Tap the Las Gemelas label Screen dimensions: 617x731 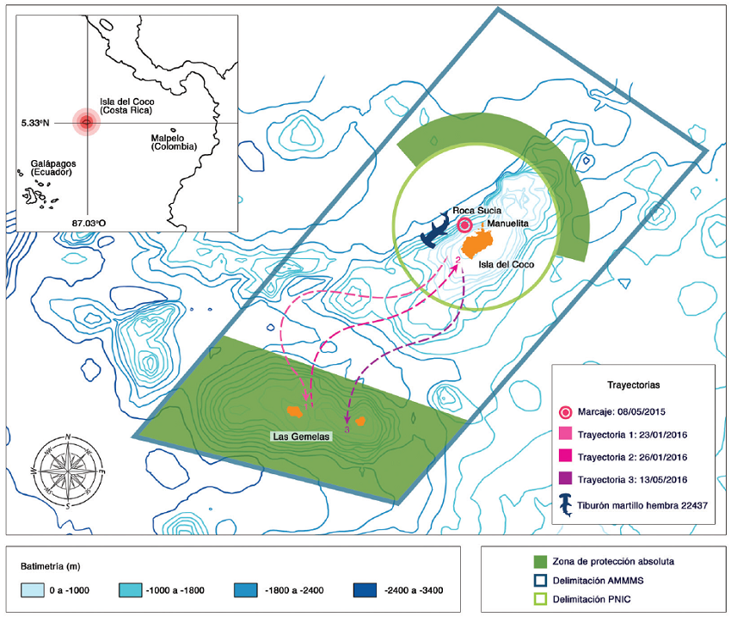pos(301,436)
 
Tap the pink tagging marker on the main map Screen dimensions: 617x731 pos(464,225)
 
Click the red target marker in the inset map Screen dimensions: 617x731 pos(86,123)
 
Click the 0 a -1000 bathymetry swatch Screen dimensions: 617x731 pos(33,590)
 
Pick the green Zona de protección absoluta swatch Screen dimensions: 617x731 pos(504,561)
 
